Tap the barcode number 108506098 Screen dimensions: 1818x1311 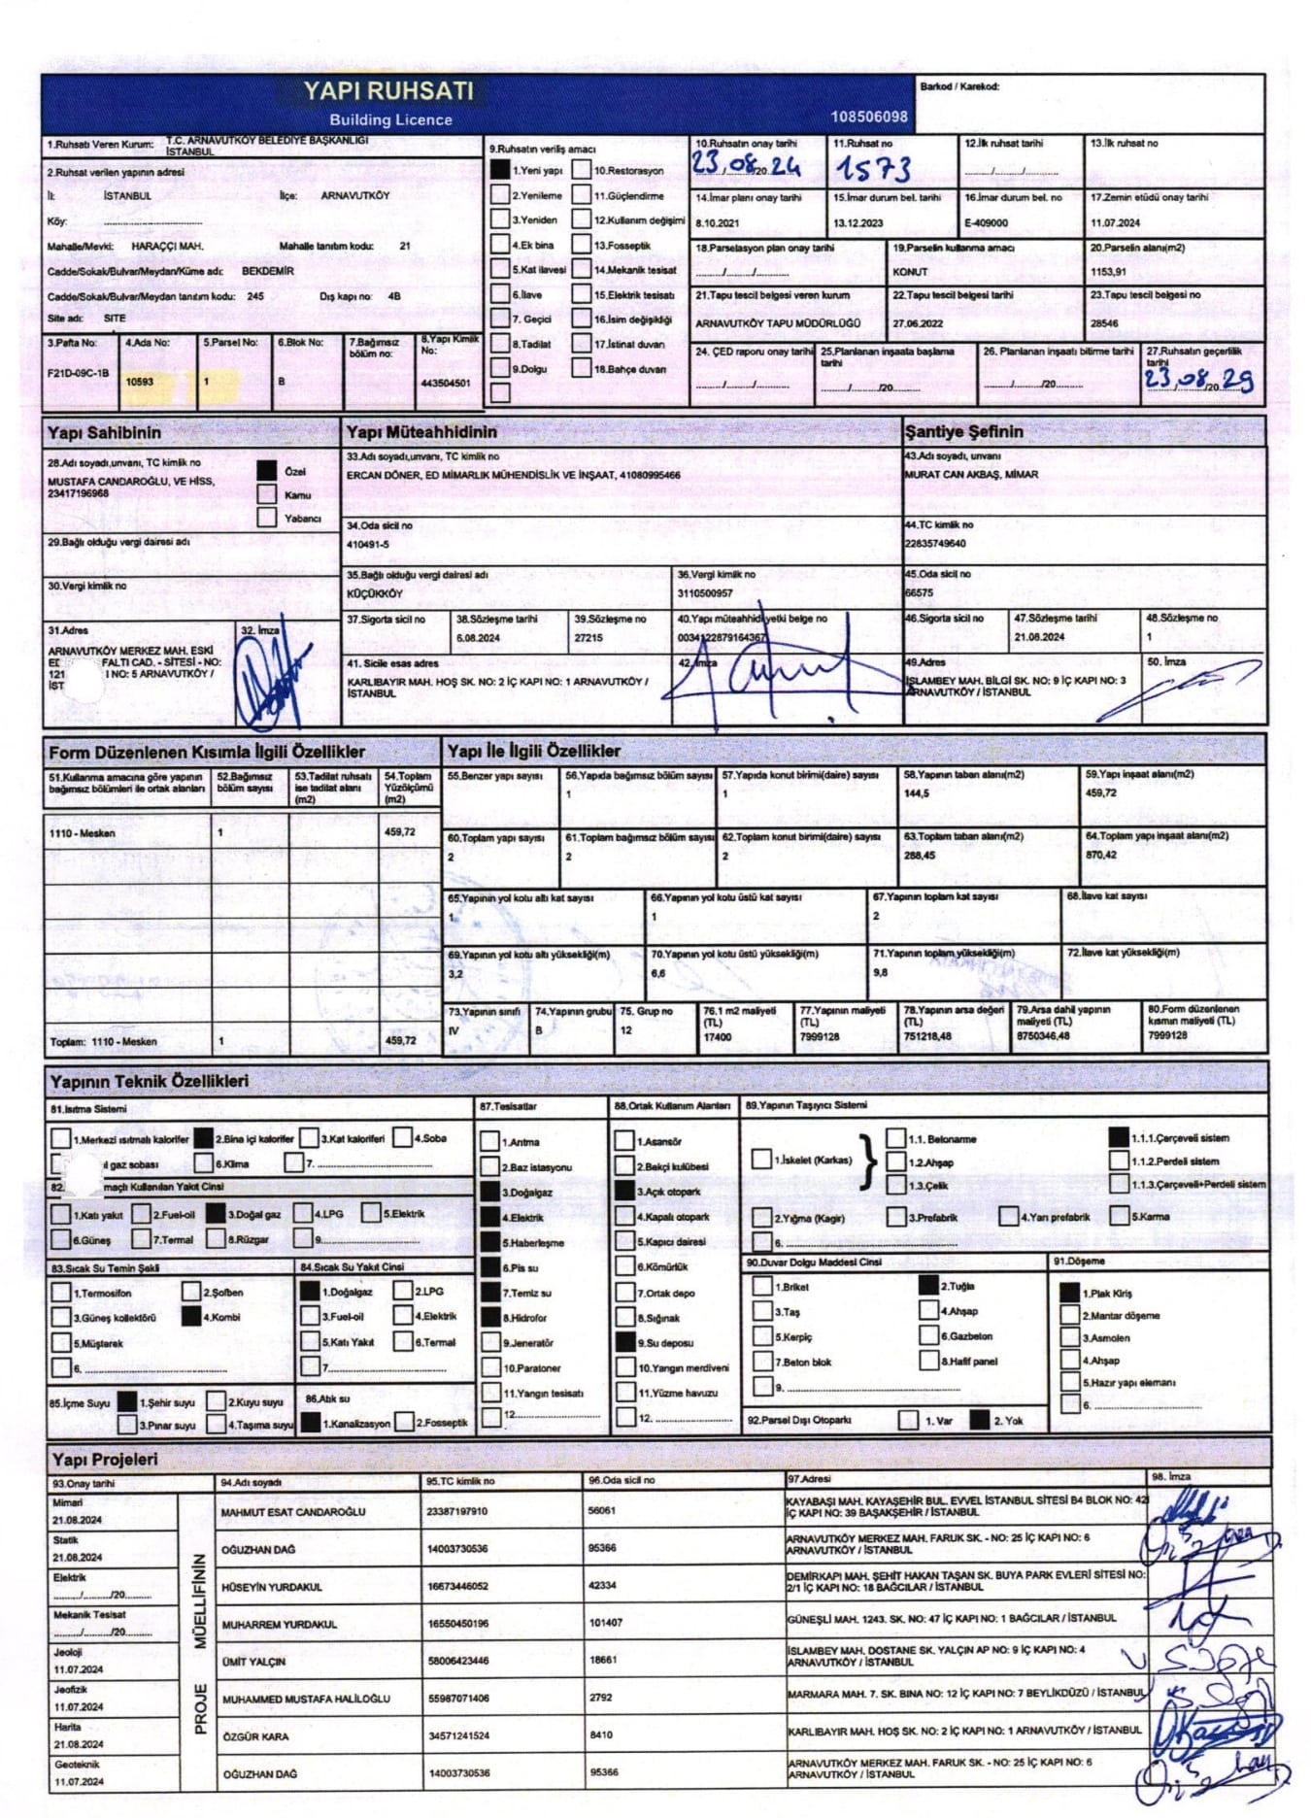click(x=868, y=117)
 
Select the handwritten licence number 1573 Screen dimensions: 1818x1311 click(x=873, y=169)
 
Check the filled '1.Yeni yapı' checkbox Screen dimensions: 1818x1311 click(x=499, y=170)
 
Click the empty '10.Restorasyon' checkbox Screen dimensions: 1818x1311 click(x=582, y=170)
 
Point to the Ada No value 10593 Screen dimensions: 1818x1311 click(x=140, y=382)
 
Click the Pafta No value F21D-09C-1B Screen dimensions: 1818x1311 click(x=78, y=373)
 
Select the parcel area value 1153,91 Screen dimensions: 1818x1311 click(x=1108, y=272)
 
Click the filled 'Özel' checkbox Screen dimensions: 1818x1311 click(x=267, y=470)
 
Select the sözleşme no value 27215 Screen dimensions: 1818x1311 click(x=588, y=638)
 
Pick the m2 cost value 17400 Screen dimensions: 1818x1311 click(x=717, y=1037)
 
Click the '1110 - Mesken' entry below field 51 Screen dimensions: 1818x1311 click(x=83, y=833)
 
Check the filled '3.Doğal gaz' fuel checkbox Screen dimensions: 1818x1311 click(x=216, y=1214)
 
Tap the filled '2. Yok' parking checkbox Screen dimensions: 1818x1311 click(x=979, y=1420)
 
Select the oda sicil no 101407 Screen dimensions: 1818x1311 click(x=605, y=1623)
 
